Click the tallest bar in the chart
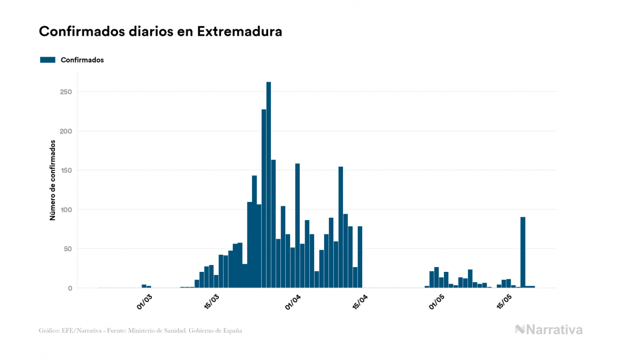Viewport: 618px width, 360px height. click(x=268, y=184)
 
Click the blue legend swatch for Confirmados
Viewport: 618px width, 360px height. click(x=48, y=60)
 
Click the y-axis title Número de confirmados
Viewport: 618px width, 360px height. click(x=52, y=180)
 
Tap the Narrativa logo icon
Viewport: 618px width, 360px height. click(x=520, y=330)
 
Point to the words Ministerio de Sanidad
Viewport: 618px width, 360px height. click(x=162, y=331)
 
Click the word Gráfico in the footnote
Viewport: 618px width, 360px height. click(x=49, y=331)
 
